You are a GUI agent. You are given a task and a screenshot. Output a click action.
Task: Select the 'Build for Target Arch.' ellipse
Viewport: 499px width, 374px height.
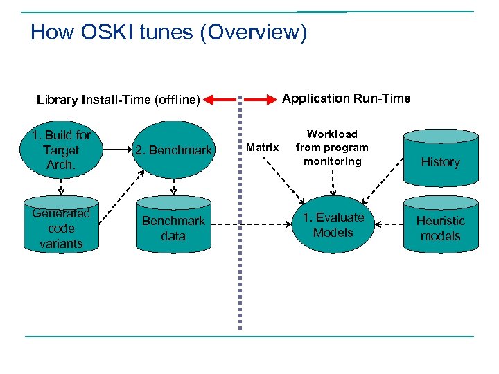click(x=61, y=150)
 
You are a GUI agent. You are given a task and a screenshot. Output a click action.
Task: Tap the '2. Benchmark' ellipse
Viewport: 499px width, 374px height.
click(x=173, y=150)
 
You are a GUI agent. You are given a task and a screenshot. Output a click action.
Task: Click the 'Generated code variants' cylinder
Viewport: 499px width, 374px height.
click(x=61, y=228)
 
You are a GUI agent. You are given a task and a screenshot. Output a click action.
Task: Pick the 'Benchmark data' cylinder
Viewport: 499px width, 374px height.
click(x=173, y=228)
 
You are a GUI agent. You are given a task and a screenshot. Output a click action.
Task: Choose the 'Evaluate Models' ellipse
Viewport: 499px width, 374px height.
click(x=333, y=225)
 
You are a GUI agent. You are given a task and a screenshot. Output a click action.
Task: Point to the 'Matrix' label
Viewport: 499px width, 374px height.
click(x=263, y=147)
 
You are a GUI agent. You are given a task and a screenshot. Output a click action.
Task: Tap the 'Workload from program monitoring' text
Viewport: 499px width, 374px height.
click(x=333, y=148)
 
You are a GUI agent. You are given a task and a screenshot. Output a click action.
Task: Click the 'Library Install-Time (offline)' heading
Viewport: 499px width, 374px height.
click(x=118, y=100)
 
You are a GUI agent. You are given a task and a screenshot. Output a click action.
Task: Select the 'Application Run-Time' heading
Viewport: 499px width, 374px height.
click(x=347, y=98)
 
